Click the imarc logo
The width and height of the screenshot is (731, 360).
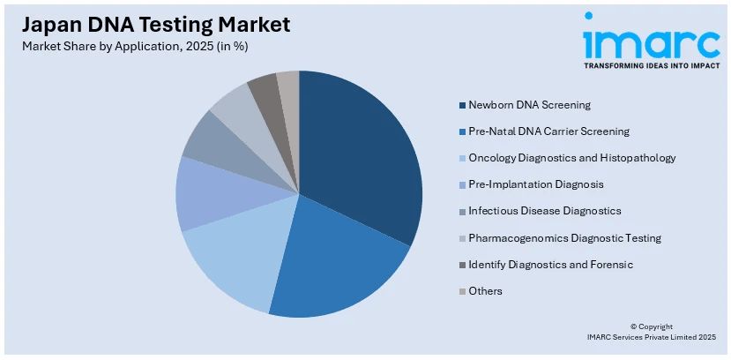(651, 39)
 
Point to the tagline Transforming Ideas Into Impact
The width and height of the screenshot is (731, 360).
(651, 64)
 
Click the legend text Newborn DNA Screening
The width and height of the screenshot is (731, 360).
(530, 106)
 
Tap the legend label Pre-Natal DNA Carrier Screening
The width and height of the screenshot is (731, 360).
(548, 131)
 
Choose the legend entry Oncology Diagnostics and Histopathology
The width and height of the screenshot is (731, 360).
(572, 158)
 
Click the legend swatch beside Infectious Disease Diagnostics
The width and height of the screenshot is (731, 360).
(461, 212)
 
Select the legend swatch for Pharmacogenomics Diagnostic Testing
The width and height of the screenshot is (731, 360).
(461, 238)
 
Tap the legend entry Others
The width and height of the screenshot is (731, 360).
(485, 291)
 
